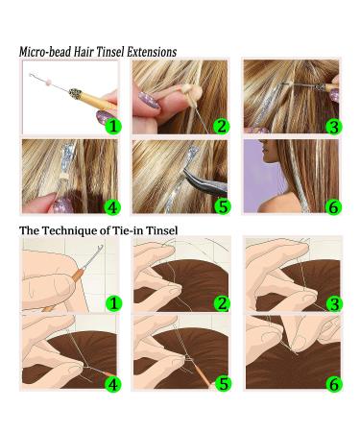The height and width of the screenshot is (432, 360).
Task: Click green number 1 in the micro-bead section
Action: pos(112,125)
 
